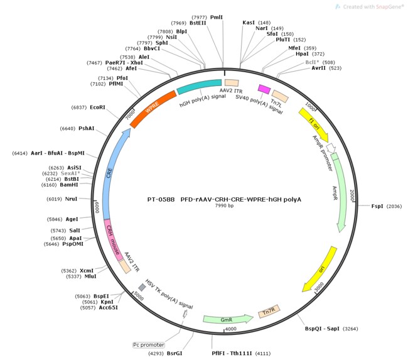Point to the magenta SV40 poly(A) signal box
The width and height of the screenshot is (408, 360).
264,89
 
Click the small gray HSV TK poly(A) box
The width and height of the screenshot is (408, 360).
142,287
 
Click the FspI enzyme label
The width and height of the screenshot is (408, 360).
377,206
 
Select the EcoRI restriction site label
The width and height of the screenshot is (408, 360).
97,107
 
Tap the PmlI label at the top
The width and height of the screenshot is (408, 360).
217,18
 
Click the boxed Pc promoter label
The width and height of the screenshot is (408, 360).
149,345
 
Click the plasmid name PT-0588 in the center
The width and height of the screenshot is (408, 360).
160,199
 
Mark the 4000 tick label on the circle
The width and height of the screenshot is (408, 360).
230,329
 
